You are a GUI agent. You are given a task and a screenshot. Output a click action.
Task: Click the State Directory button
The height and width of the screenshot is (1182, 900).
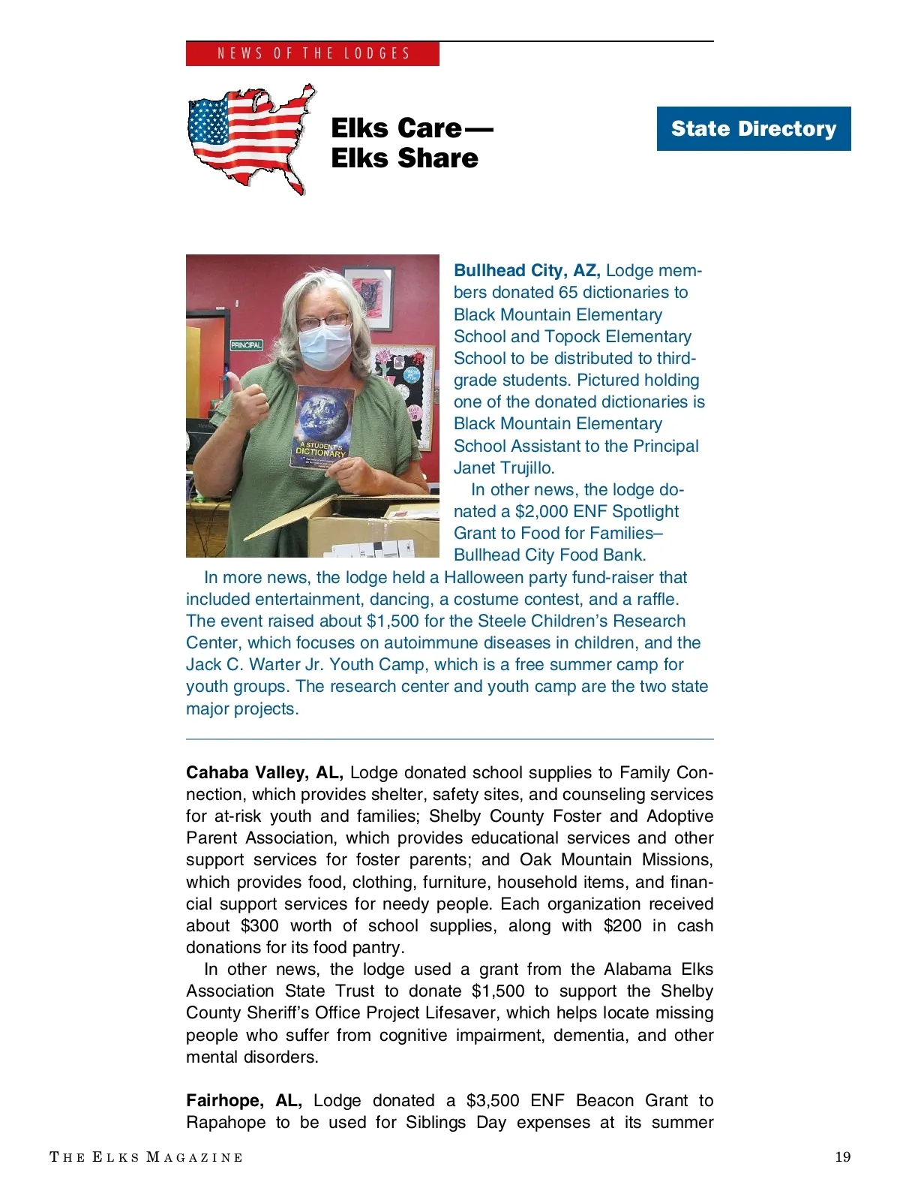click(753, 128)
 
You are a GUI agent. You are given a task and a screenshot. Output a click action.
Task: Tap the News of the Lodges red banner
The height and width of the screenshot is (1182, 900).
click(313, 53)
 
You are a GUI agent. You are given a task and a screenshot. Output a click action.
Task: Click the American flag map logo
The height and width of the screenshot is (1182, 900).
click(250, 139)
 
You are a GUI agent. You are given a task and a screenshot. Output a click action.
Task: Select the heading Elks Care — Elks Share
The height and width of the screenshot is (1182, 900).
click(411, 143)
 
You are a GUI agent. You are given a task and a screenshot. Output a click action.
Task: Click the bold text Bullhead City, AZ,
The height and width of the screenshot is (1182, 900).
click(526, 270)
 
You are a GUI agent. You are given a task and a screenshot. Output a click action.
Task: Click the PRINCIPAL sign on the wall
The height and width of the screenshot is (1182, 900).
click(246, 345)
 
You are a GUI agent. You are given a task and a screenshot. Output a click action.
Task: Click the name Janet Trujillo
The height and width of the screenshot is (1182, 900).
click(504, 468)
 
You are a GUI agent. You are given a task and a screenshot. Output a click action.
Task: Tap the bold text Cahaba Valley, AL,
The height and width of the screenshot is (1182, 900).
click(264, 772)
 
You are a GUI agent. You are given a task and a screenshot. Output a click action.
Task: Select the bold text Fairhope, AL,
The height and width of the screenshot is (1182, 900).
click(244, 1100)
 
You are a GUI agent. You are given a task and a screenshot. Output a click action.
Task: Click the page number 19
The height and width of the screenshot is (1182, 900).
click(843, 1156)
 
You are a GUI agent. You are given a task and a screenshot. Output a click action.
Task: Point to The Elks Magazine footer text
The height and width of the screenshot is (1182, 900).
click(146, 1156)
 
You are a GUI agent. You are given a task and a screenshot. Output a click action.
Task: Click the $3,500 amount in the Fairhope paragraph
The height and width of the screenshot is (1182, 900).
click(493, 1100)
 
